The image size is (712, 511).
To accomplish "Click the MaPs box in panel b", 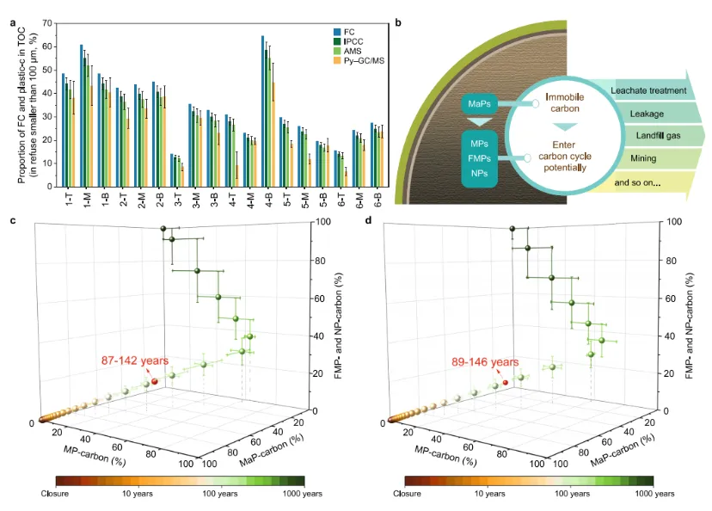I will pyautogui.click(x=481, y=104).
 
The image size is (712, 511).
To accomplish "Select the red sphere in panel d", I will pyautogui.click(x=506, y=382).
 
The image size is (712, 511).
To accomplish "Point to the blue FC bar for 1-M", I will pyautogui.click(x=82, y=115).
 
